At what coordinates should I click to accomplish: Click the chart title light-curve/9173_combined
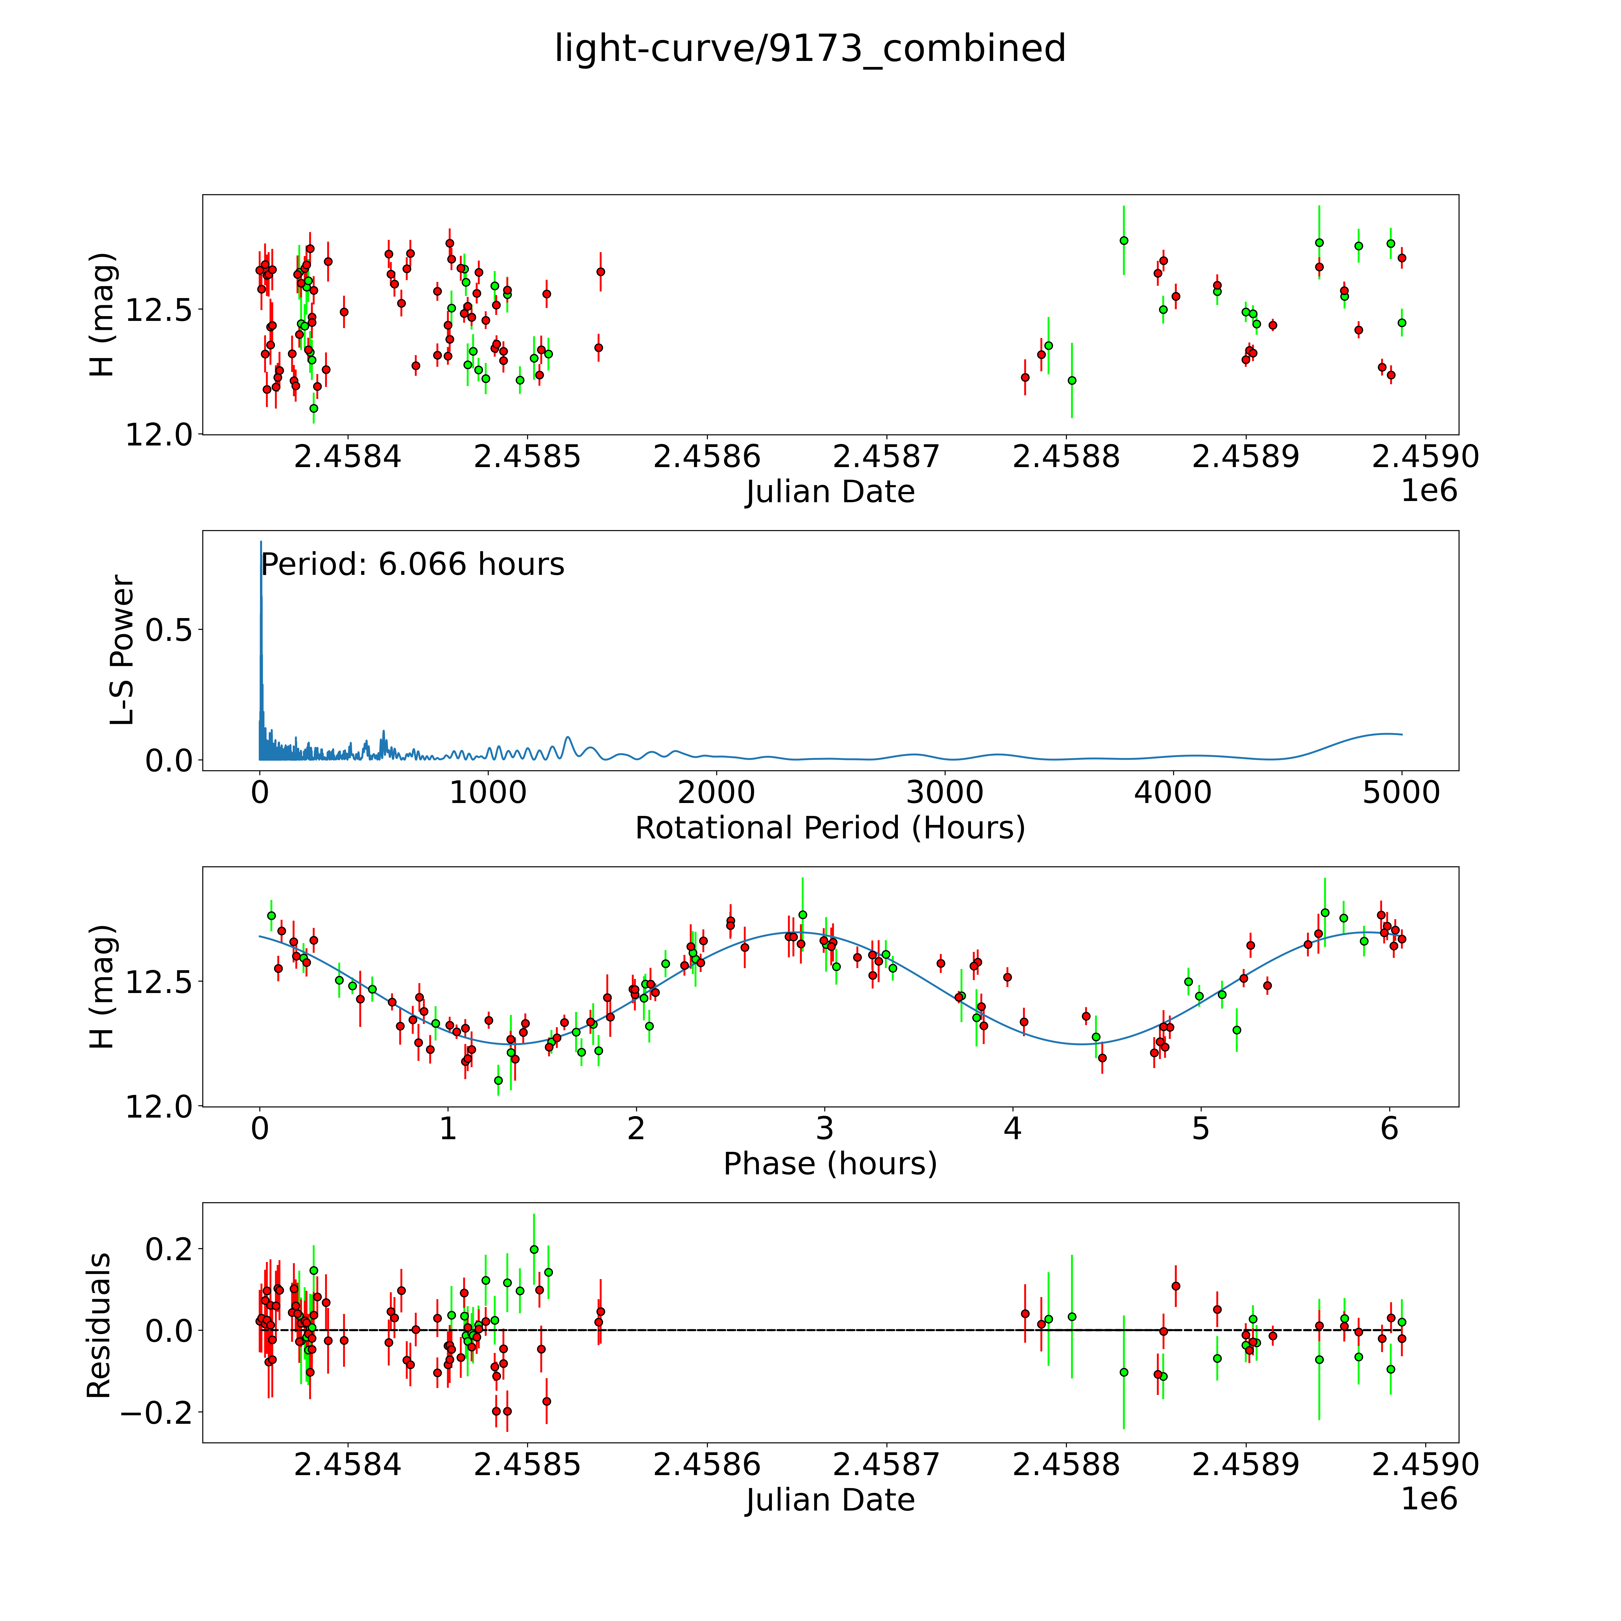pos(810,49)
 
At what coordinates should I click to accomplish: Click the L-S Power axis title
pos(122,650)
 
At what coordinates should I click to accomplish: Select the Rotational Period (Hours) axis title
pos(830,828)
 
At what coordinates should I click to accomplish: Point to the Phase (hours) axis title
pos(830,1164)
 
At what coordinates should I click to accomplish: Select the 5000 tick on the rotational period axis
pos(1401,793)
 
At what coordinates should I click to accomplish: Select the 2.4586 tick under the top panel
pos(706,457)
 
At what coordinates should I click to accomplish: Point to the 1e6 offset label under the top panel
pos(1429,491)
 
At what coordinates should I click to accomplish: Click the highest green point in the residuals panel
pos(534,1249)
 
